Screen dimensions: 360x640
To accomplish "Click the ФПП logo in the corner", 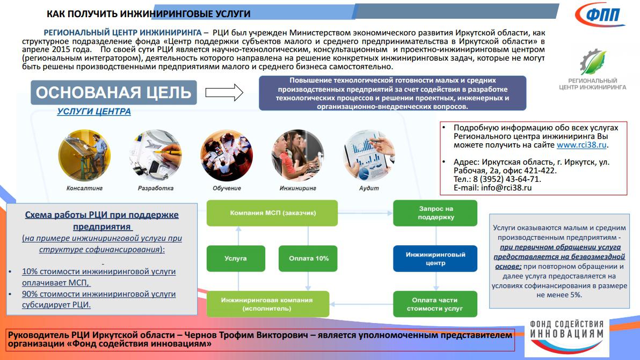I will point(600,14).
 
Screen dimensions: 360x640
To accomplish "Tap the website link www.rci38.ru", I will point(582,145).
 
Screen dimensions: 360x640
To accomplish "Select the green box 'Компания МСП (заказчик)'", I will point(272,213).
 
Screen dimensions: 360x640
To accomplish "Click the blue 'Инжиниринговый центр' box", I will point(435,259).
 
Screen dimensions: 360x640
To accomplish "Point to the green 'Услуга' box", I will point(236,259).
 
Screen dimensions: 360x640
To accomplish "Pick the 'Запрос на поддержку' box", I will point(435,213).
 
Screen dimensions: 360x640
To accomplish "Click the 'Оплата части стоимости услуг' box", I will point(435,304).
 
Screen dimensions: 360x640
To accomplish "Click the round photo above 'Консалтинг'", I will point(84,156).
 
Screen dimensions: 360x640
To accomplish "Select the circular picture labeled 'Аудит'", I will point(369,156).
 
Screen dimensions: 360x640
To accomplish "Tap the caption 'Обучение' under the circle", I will point(227,188).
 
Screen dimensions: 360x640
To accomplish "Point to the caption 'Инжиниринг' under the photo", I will point(297,188).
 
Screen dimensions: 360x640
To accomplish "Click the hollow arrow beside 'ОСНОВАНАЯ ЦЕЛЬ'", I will point(224,92).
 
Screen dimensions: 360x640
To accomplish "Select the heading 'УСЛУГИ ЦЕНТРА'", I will point(93,112).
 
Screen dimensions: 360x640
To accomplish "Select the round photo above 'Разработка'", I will point(156,156).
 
